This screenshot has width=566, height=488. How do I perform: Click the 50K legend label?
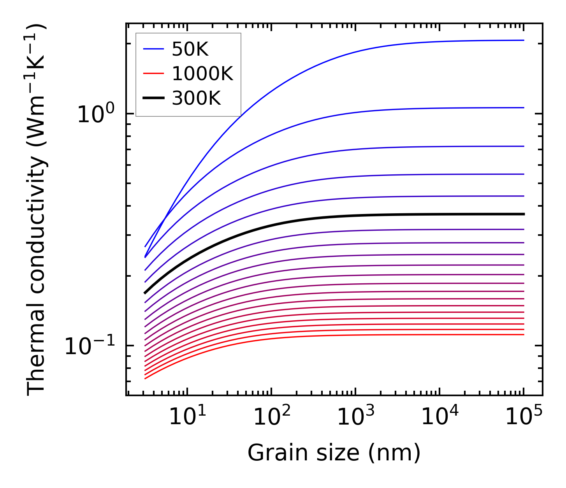(x=190, y=49)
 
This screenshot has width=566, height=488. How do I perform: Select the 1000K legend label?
(x=202, y=74)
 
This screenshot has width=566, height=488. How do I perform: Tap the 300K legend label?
(x=196, y=98)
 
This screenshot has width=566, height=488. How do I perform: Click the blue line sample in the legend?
(x=154, y=49)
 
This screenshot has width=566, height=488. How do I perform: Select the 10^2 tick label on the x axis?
(x=271, y=418)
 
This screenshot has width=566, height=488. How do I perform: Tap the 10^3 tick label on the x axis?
(x=355, y=418)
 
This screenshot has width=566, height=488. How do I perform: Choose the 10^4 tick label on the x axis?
(x=439, y=418)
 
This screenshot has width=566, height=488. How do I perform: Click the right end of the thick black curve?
(x=523, y=214)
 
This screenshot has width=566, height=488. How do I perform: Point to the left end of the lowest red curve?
(x=145, y=378)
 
